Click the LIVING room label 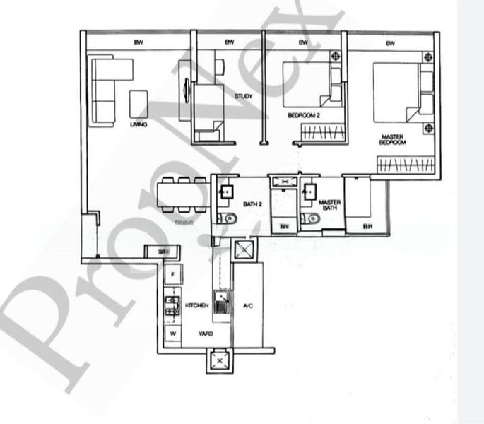coord(138,124)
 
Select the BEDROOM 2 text coord(305,114)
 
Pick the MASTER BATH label coord(331,206)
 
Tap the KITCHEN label coord(196,305)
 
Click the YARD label coord(205,331)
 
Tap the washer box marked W coord(172,333)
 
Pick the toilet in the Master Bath coord(309,220)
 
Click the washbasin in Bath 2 coord(228,191)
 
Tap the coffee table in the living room coord(138,104)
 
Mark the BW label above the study coord(229,42)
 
